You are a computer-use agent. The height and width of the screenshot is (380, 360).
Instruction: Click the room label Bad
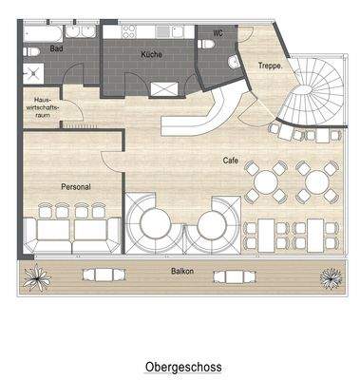coord(57,47)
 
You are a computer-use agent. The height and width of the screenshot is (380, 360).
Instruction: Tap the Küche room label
coord(151,55)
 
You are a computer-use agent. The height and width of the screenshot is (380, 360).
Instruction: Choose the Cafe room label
coord(231,160)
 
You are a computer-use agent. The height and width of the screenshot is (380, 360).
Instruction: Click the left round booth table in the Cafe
coord(155,225)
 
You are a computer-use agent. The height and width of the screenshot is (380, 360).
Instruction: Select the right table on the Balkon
coord(233,276)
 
